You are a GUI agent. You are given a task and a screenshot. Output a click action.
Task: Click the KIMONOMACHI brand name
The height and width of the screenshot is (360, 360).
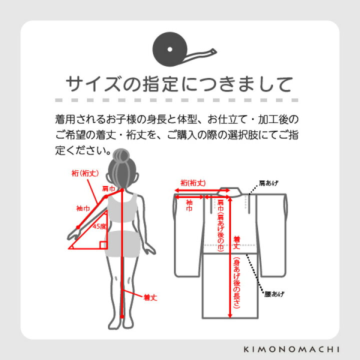[300, 348]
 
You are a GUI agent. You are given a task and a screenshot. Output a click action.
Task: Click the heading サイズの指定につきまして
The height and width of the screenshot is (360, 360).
[179, 83]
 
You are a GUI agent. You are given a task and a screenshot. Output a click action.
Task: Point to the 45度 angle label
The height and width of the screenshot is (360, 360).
[99, 226]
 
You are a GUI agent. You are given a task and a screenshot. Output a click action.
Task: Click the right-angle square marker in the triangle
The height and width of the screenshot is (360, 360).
[102, 244]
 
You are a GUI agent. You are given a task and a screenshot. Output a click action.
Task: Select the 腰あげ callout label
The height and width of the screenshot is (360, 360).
[274, 293]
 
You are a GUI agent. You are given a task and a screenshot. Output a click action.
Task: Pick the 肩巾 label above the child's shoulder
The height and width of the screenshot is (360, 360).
[108, 188]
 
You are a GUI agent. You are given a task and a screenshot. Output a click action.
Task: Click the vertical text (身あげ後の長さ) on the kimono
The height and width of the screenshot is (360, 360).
[235, 282]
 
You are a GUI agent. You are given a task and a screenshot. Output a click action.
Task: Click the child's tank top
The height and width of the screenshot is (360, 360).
[122, 207]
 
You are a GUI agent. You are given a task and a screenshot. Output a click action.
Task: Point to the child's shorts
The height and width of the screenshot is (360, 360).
[121, 243]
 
